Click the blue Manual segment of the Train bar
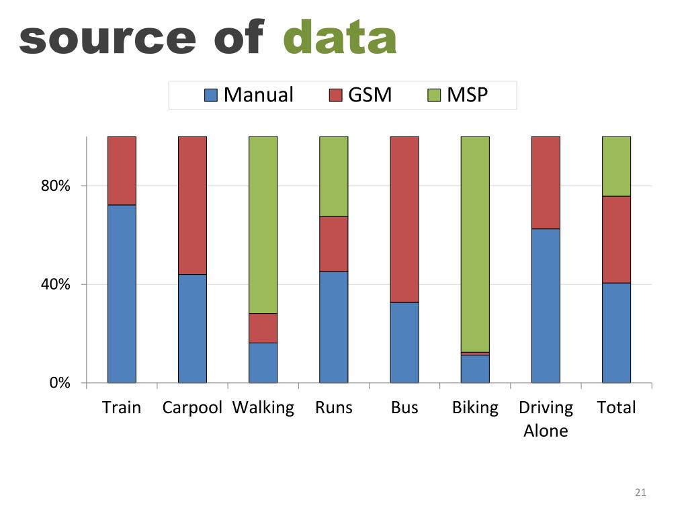click(x=122, y=294)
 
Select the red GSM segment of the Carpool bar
click(x=192, y=206)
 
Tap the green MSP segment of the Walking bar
click(x=263, y=224)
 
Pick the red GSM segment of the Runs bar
click(x=333, y=244)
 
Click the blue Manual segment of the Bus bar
click(x=404, y=342)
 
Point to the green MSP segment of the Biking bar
click(x=475, y=244)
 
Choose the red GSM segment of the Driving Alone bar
click(x=546, y=183)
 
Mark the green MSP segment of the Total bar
click(x=616, y=166)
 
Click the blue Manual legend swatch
click(x=211, y=95)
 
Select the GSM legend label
click(x=370, y=95)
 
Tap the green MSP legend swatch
click(x=435, y=95)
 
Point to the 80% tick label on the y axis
click(x=56, y=186)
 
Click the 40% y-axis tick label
click(x=56, y=284)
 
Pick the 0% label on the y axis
click(x=60, y=383)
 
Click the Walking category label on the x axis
click(x=263, y=408)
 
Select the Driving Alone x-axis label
click(x=546, y=419)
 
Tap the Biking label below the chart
click(x=475, y=408)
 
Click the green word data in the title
click(x=339, y=38)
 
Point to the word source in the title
click(x=107, y=39)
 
